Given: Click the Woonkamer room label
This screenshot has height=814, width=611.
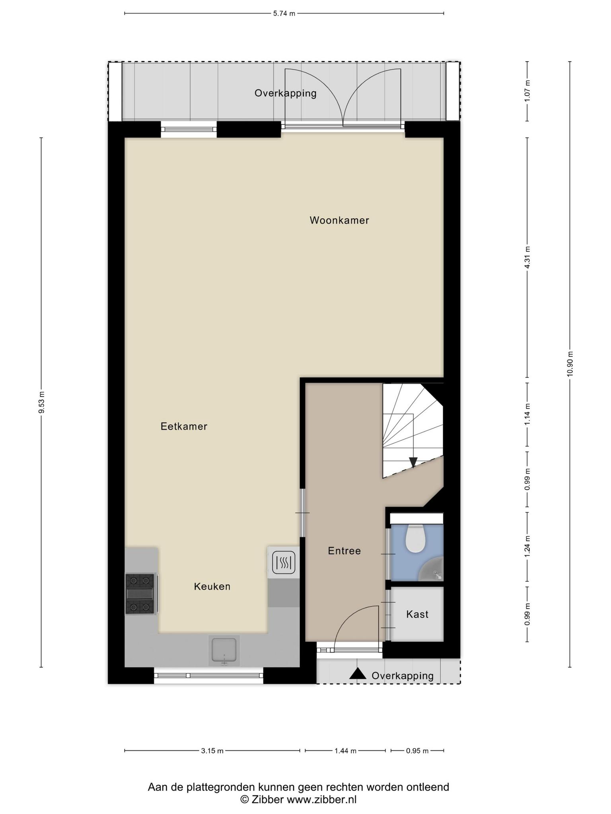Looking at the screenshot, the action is [339, 220].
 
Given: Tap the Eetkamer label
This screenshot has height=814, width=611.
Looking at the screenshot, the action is [184, 426].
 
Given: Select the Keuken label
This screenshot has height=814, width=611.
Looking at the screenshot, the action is [212, 586].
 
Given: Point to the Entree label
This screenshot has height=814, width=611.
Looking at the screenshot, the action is [344, 551].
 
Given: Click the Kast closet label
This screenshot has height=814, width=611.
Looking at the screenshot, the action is [417, 614].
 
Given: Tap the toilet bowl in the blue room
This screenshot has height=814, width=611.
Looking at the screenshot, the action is [415, 539].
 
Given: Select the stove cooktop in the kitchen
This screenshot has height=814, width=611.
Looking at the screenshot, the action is [140, 594].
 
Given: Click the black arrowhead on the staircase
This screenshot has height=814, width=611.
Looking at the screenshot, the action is [413, 462].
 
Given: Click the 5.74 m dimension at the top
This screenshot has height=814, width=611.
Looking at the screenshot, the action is [284, 14].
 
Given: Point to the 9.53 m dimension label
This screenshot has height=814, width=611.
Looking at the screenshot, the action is [41, 402].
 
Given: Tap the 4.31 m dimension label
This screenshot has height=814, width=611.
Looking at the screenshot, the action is [527, 258].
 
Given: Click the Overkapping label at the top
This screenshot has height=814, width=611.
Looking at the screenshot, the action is [286, 93].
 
